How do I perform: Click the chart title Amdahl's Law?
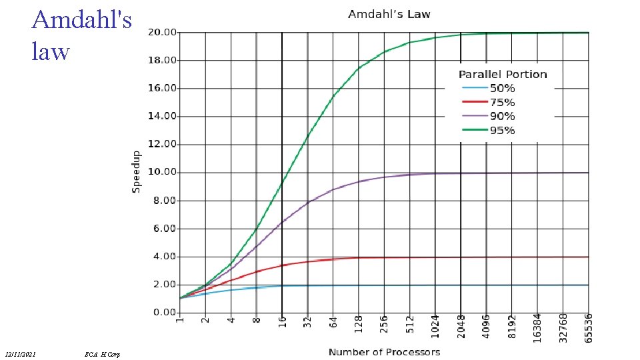pos(389,14)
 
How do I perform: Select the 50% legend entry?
pos(502,89)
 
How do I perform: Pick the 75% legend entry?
pos(502,103)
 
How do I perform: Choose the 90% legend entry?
pos(502,117)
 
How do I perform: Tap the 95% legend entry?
pos(502,131)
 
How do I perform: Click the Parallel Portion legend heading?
pos(502,75)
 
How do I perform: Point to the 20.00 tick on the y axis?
pos(162,32)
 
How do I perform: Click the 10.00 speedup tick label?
pos(162,172)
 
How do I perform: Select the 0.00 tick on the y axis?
pos(164,313)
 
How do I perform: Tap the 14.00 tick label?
pos(162,116)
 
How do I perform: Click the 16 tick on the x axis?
pos(282,321)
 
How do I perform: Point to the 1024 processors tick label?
pos(435,325)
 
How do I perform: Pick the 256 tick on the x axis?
pos(384,323)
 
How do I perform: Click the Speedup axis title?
pos(137,172)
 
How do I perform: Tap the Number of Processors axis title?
pos(384,351)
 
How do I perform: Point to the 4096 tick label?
pos(487,325)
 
